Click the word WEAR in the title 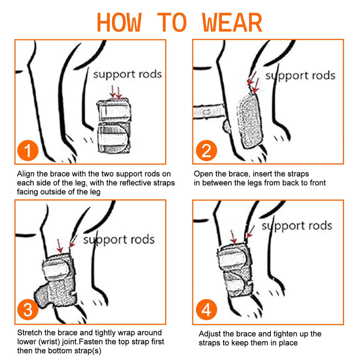(x=232, y=22)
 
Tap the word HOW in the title (x=119, y=22)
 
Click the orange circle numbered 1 (x=28, y=150)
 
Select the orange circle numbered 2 (x=207, y=150)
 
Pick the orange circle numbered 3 (x=28, y=310)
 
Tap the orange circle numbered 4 (x=207, y=310)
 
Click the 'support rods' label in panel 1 (x=127, y=75)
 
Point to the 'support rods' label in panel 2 (x=300, y=76)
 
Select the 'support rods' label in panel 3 (x=119, y=240)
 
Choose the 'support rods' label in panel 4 (x=297, y=226)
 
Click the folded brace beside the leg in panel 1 (x=114, y=126)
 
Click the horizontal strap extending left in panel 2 (x=208, y=112)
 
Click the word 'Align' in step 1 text (x=26, y=174)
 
